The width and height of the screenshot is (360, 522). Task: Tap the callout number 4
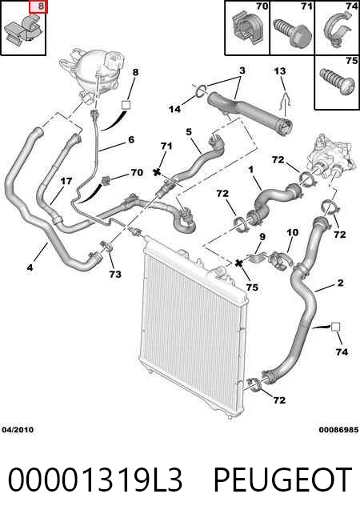coord(30,267)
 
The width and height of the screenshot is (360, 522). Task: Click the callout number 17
coord(66,181)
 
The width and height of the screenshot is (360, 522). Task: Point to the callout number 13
coord(280,71)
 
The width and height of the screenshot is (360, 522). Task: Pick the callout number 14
coord(174,109)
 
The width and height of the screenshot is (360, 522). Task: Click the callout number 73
coord(115,275)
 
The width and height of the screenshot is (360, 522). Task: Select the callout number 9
coord(262,237)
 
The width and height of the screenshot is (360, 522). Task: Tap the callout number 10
coord(293,232)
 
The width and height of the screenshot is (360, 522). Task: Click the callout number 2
coord(340,283)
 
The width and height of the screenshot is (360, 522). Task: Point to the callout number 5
coord(189,132)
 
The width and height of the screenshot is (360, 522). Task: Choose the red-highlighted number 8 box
coord(38,7)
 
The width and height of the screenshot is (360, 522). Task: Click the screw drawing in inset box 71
coord(293,33)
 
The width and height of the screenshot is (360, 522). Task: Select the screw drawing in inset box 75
coord(337,80)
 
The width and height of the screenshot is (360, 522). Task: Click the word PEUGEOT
coord(282,480)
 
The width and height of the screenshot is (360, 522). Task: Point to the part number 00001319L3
coord(95,480)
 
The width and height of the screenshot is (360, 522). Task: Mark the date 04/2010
coord(18,430)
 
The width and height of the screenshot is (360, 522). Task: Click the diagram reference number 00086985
coord(338,430)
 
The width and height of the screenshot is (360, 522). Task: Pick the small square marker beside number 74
coord(335,327)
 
